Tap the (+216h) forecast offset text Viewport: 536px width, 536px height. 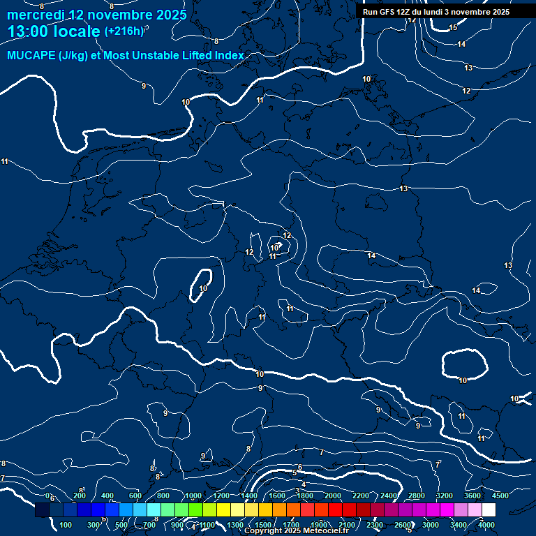pyautogui.click(x=124, y=31)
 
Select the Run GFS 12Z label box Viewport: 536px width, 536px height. pyautogui.click(x=436, y=12)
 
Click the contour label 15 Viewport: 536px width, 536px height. pyautogui.click(x=453, y=28)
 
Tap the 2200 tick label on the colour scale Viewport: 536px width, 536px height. pyautogui.click(x=360, y=496)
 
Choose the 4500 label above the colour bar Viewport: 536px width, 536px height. pyautogui.click(x=500, y=496)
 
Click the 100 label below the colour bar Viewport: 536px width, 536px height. pyautogui.click(x=66, y=525)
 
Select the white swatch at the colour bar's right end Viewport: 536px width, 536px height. pyautogui.click(x=489, y=510)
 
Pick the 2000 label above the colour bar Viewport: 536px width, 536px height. pyautogui.click(x=332, y=496)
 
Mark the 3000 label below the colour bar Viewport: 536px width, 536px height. pyautogui.click(x=431, y=525)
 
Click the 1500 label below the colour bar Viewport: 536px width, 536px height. pyautogui.click(x=263, y=525)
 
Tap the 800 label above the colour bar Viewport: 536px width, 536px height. pyautogui.click(x=163, y=496)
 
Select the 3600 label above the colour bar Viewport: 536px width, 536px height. pyautogui.click(x=472, y=496)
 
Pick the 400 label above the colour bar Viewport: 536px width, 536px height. pyautogui.click(x=107, y=496)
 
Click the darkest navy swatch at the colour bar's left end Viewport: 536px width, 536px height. pyautogui.click(x=42, y=510)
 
